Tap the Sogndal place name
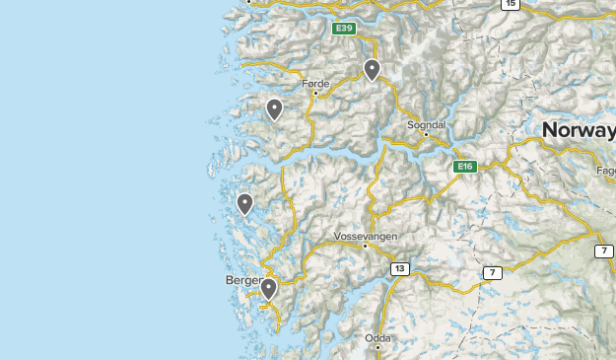[x=427, y=125]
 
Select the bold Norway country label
[x=579, y=130]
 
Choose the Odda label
[x=377, y=337]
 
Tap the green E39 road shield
[x=343, y=29]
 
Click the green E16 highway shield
[x=465, y=167]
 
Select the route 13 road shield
[x=399, y=268]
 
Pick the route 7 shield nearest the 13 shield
[x=493, y=272]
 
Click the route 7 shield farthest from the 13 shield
[x=604, y=252]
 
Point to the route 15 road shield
[x=510, y=4]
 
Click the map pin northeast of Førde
[x=372, y=70]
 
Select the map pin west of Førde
[x=274, y=109]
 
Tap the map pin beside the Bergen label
[x=268, y=289]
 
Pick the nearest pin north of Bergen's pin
[x=244, y=204]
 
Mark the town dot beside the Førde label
[x=315, y=94]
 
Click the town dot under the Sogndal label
[x=426, y=134]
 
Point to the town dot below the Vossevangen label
[x=365, y=246]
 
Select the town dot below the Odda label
[x=377, y=346]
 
